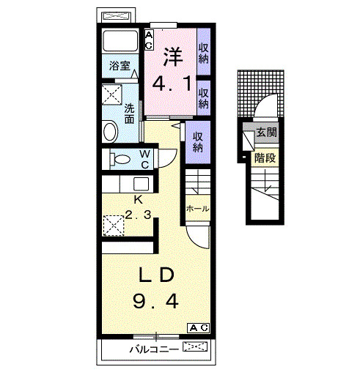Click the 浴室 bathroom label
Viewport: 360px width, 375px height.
(120, 65)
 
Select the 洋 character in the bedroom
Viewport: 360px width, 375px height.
(173, 57)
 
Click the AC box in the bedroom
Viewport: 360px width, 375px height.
(149, 40)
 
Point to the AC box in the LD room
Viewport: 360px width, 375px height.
(199, 328)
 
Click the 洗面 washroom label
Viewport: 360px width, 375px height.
(129, 114)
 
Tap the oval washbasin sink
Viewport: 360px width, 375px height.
(110, 131)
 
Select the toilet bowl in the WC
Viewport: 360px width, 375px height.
(120, 160)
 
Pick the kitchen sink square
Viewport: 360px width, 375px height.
(141, 184)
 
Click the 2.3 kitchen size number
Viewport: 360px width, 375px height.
(139, 215)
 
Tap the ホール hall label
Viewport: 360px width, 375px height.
(198, 209)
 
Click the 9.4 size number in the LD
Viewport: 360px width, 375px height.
(155, 301)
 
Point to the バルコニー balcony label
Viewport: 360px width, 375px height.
(154, 349)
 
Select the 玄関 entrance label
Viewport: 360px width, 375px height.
(266, 133)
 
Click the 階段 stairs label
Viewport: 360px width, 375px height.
(265, 158)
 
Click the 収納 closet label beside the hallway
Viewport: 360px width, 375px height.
(198, 142)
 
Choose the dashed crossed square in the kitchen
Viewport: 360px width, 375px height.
(114, 226)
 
